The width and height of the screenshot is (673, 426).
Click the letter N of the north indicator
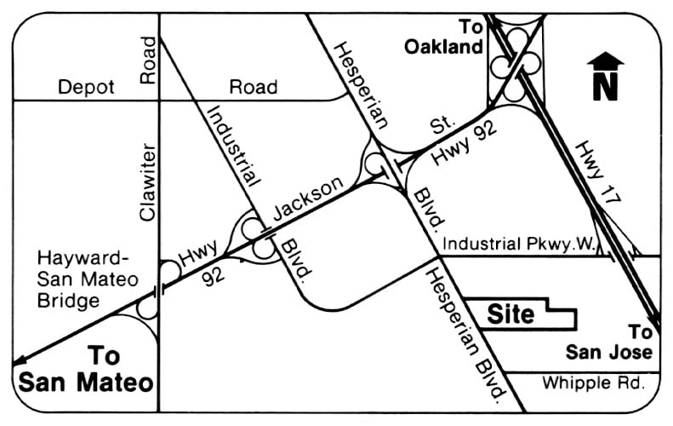pyautogui.click(x=604, y=88)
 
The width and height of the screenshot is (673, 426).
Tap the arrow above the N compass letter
pyautogui.click(x=605, y=61)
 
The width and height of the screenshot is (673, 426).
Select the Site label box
pyautogui.click(x=510, y=314)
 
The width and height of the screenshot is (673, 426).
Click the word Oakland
pyautogui.click(x=443, y=48)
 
